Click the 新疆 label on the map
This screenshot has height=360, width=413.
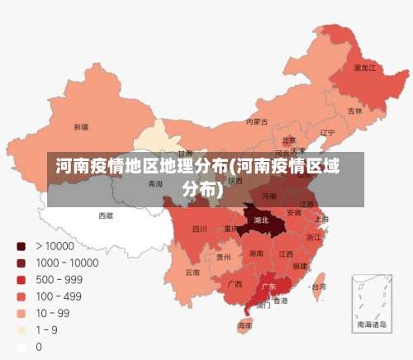(x=80, y=127)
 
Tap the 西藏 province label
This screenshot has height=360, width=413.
(x=106, y=215)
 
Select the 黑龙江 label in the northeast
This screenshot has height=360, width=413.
(x=364, y=68)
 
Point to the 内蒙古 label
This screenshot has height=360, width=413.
(x=257, y=121)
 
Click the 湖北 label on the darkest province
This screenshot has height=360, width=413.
(x=261, y=220)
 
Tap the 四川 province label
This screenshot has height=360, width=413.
(x=199, y=229)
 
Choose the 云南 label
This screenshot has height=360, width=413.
(x=192, y=272)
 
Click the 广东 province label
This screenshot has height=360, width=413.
(x=268, y=287)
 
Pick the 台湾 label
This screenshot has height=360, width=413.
(x=317, y=287)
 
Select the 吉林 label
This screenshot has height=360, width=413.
(x=354, y=111)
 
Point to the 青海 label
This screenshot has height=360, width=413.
(x=155, y=184)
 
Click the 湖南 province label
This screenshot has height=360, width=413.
(x=256, y=254)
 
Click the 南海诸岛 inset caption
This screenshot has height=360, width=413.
(x=371, y=325)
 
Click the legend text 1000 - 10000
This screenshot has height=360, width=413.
(x=67, y=263)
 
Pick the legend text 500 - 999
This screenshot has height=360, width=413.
(x=58, y=279)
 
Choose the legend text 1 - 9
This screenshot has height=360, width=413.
(x=46, y=330)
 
